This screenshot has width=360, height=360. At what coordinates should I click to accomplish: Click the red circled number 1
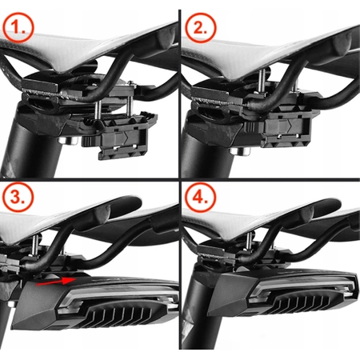coord(18,27)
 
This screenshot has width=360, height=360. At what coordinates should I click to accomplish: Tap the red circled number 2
coord(200,27)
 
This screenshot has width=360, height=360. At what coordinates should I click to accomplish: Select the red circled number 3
coord(18,198)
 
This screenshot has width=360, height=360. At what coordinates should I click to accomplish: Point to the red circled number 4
coord(200,198)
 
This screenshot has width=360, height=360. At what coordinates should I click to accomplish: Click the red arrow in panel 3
coord(57,282)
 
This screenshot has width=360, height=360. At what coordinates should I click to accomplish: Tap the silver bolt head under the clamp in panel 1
coord(67,141)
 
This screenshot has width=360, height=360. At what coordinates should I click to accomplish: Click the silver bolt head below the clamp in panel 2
coord(240,152)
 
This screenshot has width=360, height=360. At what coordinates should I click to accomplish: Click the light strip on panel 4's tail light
coord(304,290)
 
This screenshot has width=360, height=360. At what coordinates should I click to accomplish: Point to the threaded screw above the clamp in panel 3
coord(35,246)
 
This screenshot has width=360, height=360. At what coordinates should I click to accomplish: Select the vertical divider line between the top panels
coord(180,94)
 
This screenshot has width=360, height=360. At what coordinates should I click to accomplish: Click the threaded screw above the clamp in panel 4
coord(250,242)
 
